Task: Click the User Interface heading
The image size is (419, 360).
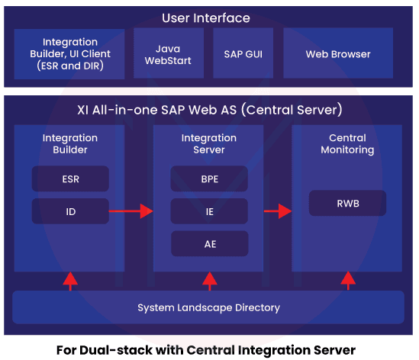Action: (x=206, y=18)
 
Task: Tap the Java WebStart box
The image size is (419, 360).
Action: (x=168, y=54)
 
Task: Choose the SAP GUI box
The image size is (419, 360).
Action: (x=243, y=54)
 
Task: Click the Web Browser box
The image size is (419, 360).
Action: (x=337, y=54)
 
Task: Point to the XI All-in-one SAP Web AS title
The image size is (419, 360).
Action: (x=208, y=109)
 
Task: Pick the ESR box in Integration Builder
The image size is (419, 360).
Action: (x=70, y=179)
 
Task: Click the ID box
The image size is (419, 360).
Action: (x=70, y=211)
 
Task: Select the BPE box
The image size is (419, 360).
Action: (x=209, y=179)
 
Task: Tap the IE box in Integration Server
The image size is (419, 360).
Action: (x=209, y=211)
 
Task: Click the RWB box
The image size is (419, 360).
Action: (x=347, y=203)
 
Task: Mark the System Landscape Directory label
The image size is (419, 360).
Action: (x=208, y=308)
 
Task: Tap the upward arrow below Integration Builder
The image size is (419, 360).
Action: (x=70, y=281)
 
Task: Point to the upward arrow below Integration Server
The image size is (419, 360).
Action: (x=209, y=281)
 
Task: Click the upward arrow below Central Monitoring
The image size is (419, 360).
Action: (x=347, y=281)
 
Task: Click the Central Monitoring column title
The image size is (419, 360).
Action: (x=347, y=144)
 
